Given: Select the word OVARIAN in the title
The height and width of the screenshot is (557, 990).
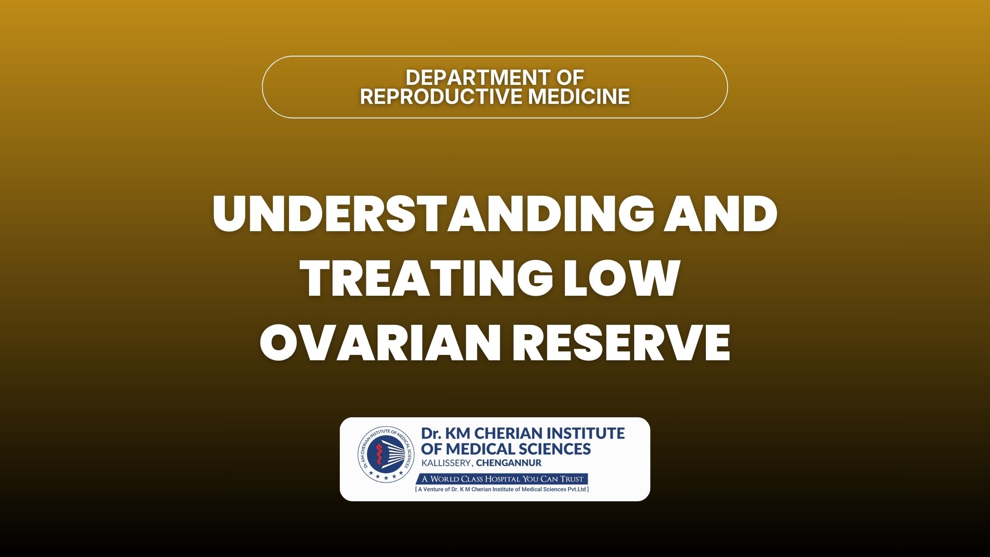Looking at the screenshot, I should (x=381, y=343).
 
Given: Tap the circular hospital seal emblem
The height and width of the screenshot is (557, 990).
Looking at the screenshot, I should (x=386, y=454).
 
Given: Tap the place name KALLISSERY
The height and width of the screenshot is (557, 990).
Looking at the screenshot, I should (x=447, y=463).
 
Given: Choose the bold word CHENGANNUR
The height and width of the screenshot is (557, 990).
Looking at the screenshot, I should (x=509, y=463).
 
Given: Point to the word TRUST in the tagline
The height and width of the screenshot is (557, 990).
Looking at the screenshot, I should (x=572, y=479).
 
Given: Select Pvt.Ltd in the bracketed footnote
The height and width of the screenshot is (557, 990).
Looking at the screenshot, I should (x=577, y=489).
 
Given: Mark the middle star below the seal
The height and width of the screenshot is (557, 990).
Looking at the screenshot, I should (x=386, y=478).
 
